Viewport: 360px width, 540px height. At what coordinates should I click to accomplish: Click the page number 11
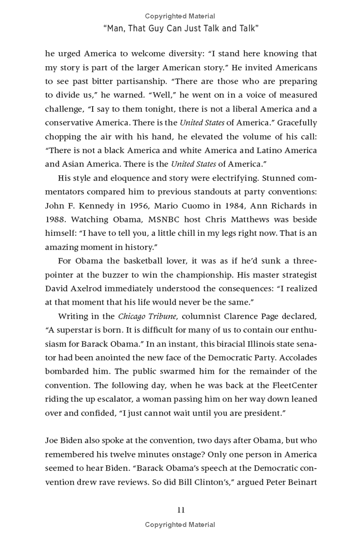(x=180, y=510)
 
